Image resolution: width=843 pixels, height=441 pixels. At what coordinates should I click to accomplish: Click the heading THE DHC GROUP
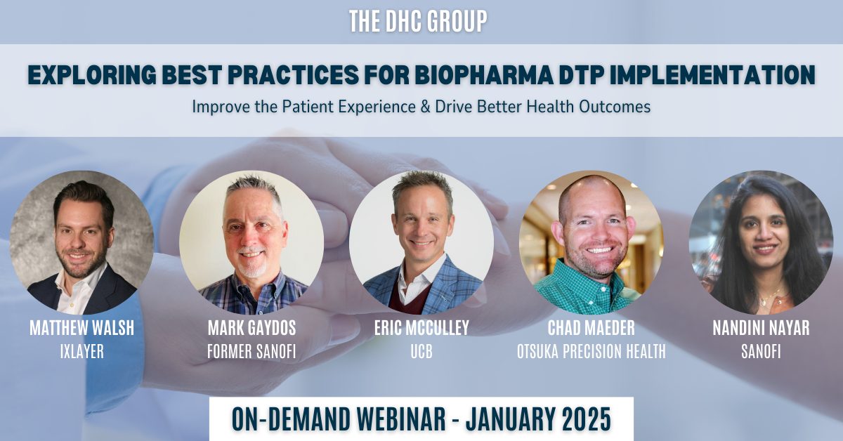point(418,21)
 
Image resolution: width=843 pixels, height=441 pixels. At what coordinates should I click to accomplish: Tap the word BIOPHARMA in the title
point(483,74)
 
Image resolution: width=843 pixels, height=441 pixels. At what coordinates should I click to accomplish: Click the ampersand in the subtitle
point(425,107)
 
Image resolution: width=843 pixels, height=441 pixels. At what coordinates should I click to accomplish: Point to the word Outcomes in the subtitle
point(615,107)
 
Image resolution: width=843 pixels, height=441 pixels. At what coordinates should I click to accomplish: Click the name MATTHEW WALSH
point(82,328)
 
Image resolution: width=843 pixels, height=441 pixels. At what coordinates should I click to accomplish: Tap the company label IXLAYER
point(82,351)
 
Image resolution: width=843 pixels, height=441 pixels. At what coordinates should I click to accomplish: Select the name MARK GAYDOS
point(251,328)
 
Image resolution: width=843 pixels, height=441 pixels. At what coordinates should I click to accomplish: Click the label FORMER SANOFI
point(251,351)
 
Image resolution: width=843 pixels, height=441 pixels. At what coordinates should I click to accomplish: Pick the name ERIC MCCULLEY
point(421,328)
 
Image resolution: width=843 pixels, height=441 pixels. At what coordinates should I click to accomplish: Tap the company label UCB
point(421,351)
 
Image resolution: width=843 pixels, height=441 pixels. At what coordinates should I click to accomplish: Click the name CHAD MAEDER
point(592,328)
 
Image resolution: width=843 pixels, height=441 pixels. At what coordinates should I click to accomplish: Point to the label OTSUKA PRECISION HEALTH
point(592,351)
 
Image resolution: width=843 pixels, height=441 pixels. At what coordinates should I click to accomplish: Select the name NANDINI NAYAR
point(761,328)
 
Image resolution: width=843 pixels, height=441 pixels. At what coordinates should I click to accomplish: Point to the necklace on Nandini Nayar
point(768,298)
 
